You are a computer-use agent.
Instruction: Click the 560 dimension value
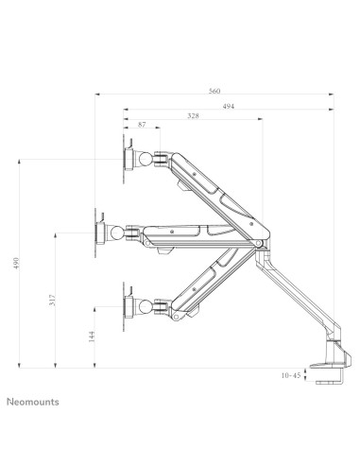coord(215,90)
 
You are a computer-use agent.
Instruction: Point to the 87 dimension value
coord(142,125)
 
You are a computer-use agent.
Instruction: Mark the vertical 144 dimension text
coord(91,336)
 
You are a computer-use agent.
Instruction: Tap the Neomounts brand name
coord(34,402)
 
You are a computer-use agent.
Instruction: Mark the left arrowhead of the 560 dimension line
coord(99,95)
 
